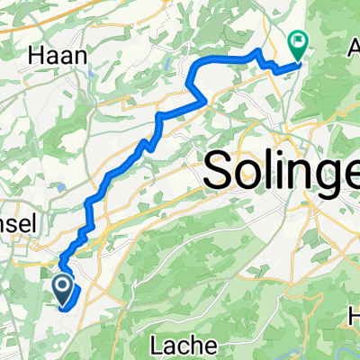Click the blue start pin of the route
[64, 289]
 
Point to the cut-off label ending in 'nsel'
[17, 227]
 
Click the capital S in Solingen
[220, 169]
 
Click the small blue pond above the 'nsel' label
[57, 188]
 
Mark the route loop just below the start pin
[69, 300]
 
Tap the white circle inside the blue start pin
[64, 285]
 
